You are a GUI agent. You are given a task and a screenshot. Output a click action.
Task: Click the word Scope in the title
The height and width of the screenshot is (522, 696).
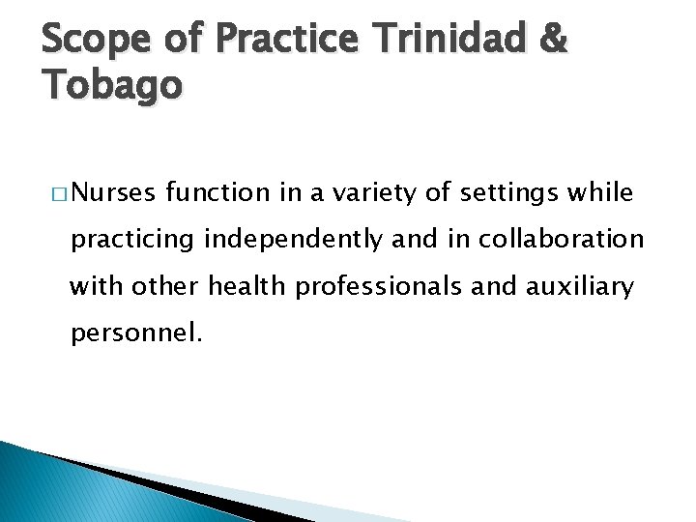click(x=94, y=40)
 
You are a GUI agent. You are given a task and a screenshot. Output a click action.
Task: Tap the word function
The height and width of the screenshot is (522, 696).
click(x=218, y=194)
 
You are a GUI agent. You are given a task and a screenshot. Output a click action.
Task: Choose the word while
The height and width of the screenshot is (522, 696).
click(x=601, y=194)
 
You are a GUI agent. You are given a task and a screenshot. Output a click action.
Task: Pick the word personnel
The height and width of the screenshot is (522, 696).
click(x=136, y=333)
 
